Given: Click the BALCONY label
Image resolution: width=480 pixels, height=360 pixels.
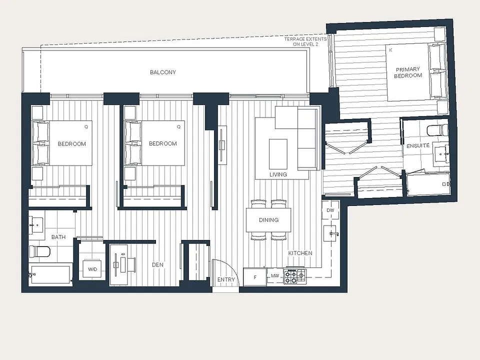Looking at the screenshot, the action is pyautogui.click(x=163, y=72).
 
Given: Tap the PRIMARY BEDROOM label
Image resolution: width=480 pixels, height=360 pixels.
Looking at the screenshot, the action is pyautogui.click(x=408, y=72).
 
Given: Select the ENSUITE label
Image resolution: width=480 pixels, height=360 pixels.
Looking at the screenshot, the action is pyautogui.click(x=418, y=145).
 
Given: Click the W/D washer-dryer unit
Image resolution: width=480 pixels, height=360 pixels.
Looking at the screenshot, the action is pyautogui.click(x=92, y=269).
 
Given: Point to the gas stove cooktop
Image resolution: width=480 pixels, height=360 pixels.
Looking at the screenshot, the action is pyautogui.click(x=294, y=276).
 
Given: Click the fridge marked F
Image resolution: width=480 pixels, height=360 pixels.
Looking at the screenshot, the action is pyautogui.click(x=254, y=277).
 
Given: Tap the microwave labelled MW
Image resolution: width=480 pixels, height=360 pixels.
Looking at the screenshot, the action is pyautogui.click(x=275, y=276).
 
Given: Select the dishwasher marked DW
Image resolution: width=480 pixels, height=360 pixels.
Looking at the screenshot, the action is pyautogui.click(x=330, y=210).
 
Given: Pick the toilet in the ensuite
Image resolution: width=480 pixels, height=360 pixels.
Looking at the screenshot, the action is pyautogui.click(x=437, y=130).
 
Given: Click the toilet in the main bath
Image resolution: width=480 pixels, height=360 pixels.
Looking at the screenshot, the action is pyautogui.click(x=39, y=251).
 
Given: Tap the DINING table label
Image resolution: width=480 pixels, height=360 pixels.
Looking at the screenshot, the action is pyautogui.click(x=268, y=220).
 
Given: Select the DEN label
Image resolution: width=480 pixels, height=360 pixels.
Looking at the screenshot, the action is pyautogui.click(x=157, y=265).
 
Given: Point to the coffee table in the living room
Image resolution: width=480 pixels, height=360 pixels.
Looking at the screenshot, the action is pyautogui.click(x=278, y=153).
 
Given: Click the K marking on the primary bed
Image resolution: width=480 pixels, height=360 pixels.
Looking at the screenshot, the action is pyautogui.click(x=390, y=50).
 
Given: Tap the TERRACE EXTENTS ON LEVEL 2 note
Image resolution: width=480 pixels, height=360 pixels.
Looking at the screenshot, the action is pyautogui.click(x=305, y=41).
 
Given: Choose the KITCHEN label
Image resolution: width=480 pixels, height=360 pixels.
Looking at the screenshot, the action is pyautogui.click(x=300, y=253).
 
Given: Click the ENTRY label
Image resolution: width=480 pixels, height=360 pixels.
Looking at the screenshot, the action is pyautogui.click(x=226, y=279).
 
